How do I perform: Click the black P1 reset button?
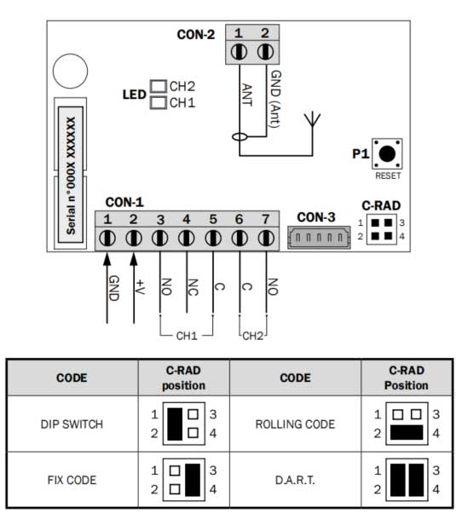387,153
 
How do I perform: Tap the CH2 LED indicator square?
159,86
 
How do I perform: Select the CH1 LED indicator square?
159,102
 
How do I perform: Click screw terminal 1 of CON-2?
239,52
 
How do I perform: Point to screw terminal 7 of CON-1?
266,238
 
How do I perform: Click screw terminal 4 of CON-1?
187,238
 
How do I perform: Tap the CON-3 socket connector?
319,238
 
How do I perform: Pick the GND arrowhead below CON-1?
107,259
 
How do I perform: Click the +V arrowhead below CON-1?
134,259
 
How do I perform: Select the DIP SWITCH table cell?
72,424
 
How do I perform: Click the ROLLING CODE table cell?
295,424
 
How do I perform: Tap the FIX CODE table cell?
72,480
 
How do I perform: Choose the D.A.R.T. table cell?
295,480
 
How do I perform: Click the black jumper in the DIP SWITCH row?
175,424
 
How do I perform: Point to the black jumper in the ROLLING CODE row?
407,433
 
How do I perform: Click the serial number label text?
71,176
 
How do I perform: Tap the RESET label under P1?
388,176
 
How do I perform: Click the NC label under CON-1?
193,287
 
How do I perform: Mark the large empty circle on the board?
71,71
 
